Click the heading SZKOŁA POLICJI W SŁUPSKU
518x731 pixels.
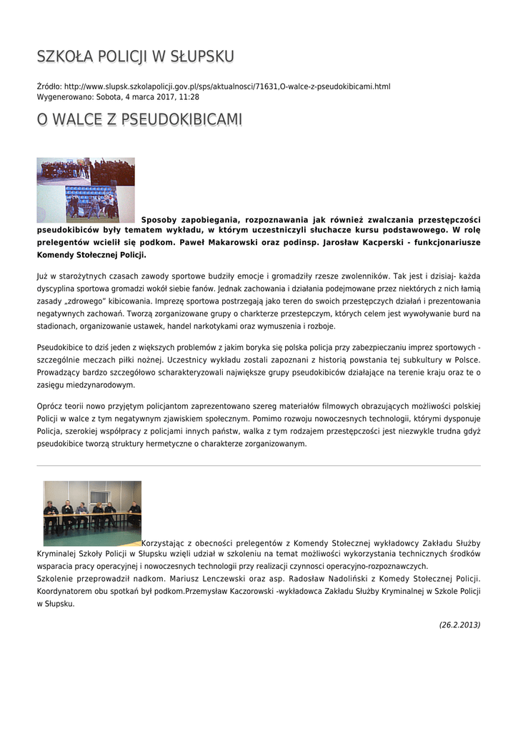[135, 56]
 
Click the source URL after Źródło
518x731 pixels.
[227, 86]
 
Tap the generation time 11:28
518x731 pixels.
[189, 96]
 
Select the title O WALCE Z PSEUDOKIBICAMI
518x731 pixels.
[139, 119]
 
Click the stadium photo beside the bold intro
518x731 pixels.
[86, 190]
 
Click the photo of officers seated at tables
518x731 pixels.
[92, 513]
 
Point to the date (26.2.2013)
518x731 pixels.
[459, 625]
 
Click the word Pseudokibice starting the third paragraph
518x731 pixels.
[61, 347]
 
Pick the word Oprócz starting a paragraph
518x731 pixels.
[50, 405]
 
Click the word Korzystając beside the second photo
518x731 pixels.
[164, 542]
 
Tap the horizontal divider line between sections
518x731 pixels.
[259, 465]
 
